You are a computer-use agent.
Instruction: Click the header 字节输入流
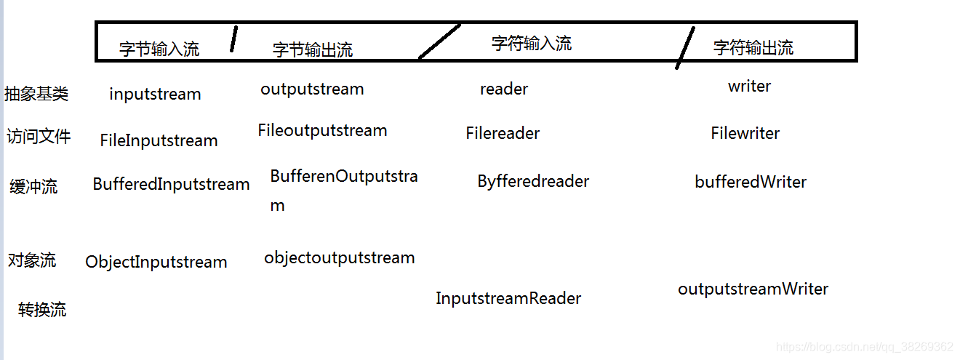coord(159,49)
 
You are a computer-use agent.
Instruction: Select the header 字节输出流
coord(313,49)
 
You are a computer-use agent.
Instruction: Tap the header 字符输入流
coord(532,44)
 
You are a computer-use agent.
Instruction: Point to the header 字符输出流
coord(753,48)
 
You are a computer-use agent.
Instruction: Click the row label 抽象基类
coord(36,94)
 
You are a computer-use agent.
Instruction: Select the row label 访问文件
coord(39,137)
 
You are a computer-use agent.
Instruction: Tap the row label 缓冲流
coord(33,187)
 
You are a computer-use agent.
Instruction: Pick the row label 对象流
coord(32,260)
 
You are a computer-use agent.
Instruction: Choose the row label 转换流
coord(42,310)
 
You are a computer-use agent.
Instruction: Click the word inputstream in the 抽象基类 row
coord(155,95)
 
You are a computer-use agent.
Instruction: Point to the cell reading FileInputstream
coord(159,140)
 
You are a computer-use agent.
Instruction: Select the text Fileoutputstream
coord(322,131)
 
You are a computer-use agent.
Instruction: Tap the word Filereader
coord(503,134)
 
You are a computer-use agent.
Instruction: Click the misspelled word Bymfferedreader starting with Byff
coord(533,181)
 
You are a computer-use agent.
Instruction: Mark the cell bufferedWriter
coord(751,182)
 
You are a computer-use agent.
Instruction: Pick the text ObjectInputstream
coord(156,262)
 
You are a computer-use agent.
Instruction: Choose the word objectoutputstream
coord(339,257)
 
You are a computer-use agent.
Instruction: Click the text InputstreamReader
coord(508,298)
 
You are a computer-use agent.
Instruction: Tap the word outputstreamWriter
coord(753,289)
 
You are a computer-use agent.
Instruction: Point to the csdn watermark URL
coord(864,347)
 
